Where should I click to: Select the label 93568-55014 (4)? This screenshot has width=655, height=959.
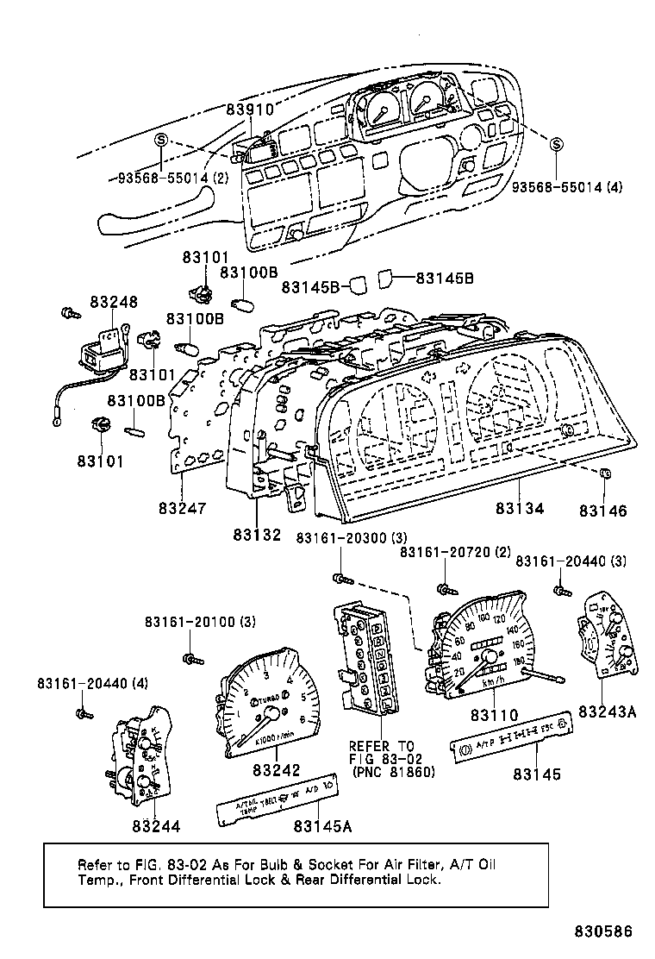[x=567, y=187]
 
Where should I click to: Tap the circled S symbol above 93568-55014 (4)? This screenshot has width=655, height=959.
[x=556, y=144]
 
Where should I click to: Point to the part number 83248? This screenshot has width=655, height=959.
[x=114, y=303]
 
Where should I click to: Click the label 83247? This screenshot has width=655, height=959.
[x=183, y=509]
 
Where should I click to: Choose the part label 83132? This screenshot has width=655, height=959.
[x=257, y=535]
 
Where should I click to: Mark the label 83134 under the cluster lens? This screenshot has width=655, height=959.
[x=520, y=509]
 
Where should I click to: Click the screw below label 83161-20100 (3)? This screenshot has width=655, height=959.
[x=190, y=659]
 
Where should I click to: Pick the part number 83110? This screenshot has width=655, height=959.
[x=494, y=715]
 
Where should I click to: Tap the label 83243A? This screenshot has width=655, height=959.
[x=607, y=711]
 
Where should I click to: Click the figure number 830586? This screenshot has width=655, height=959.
[x=604, y=932]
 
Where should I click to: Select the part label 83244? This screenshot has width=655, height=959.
[x=156, y=825]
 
